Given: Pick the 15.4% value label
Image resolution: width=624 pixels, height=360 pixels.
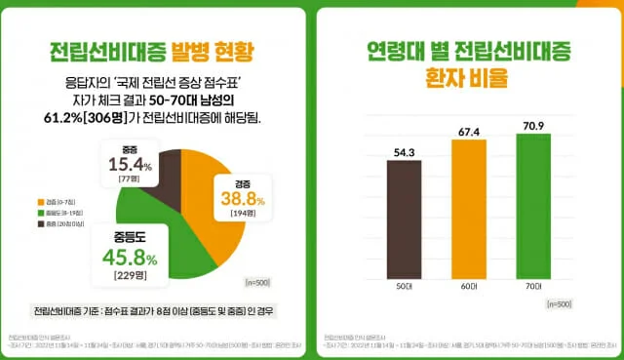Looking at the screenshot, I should (x=131, y=165).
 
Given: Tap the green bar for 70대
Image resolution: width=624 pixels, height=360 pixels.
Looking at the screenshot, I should (x=539, y=207).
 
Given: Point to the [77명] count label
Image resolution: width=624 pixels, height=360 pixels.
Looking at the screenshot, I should (x=131, y=180).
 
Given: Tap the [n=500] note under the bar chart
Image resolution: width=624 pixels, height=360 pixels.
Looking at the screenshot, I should (x=560, y=304).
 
